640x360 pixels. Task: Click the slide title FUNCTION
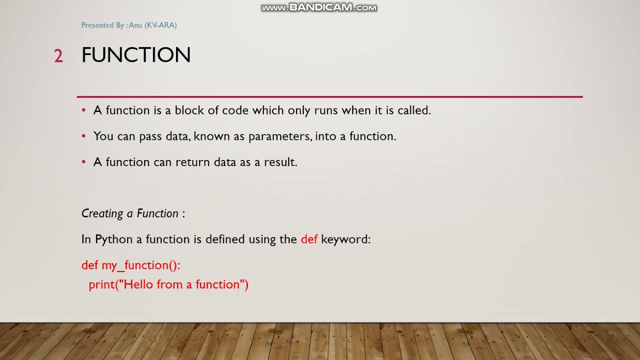pyautogui.click(x=136, y=54)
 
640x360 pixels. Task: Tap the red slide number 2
pyautogui.click(x=58, y=55)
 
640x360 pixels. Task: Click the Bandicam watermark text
pyautogui.click(x=319, y=7)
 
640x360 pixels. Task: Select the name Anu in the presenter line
pyautogui.click(x=135, y=25)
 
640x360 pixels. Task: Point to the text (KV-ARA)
pyautogui.click(x=160, y=25)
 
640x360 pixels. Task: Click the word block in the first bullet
pyautogui.click(x=189, y=110)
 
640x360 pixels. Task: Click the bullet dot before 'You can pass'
pyautogui.click(x=83, y=136)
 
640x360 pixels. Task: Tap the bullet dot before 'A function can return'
pyautogui.click(x=83, y=162)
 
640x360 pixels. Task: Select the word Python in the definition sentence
pyautogui.click(x=113, y=239)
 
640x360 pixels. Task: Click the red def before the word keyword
pyautogui.click(x=309, y=239)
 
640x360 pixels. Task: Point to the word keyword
pyautogui.click(x=345, y=239)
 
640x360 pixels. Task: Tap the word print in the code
pyautogui.click(x=101, y=285)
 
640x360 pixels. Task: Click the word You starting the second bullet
pyautogui.click(x=103, y=136)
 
